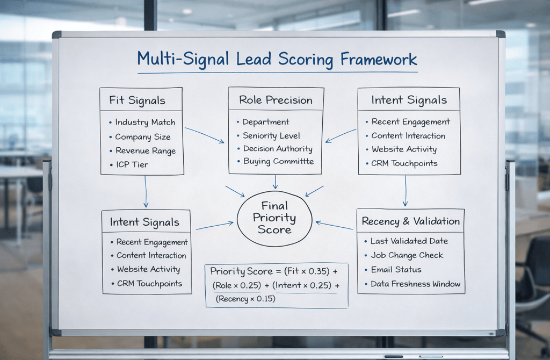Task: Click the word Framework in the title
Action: [379, 59]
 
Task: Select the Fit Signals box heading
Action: [137, 100]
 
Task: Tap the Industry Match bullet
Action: [145, 123]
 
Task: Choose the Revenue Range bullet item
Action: [145, 151]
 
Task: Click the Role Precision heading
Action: [276, 100]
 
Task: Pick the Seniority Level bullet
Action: [271, 136]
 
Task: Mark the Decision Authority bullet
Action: [277, 149]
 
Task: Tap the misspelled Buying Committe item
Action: [278, 161]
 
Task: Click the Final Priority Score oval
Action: [274, 218]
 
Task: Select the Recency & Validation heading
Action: [410, 221]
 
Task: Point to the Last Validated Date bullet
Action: [409, 242]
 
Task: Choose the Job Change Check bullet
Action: [407, 256]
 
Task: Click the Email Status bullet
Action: [396, 270]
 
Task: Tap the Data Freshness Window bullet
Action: [415, 284]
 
